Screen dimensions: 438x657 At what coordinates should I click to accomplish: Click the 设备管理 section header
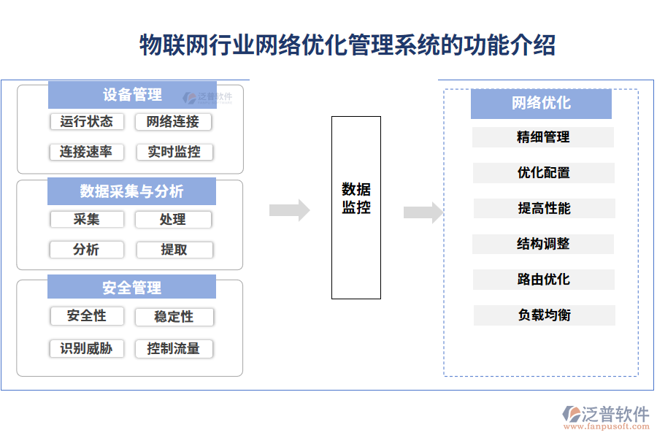(x=132, y=95)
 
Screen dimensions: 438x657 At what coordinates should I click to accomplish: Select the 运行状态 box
(x=86, y=121)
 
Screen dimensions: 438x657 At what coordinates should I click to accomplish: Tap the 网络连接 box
(x=174, y=121)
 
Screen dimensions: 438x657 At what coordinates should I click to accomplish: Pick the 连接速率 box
(x=86, y=152)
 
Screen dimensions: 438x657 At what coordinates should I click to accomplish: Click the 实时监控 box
(x=174, y=152)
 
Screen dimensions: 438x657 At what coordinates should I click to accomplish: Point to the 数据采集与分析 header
(x=132, y=191)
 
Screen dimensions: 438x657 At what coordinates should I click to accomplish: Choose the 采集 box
(x=86, y=219)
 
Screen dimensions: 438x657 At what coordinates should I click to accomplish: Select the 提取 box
(x=174, y=250)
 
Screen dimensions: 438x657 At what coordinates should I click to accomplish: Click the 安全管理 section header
(x=132, y=287)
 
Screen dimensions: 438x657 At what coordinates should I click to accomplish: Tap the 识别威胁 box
(x=86, y=348)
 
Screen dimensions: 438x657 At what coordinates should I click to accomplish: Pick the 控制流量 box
(x=174, y=348)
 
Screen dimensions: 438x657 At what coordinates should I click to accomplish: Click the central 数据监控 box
(x=356, y=207)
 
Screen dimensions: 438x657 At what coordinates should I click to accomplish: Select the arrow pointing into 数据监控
(x=289, y=210)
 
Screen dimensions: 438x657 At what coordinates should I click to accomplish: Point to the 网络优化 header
(x=541, y=104)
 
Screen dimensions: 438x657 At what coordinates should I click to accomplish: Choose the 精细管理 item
(x=543, y=137)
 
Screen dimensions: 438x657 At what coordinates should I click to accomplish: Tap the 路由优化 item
(x=543, y=280)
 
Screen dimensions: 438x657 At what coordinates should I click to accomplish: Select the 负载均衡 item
(x=544, y=315)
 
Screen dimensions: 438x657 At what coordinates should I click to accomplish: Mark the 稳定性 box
(x=174, y=317)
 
